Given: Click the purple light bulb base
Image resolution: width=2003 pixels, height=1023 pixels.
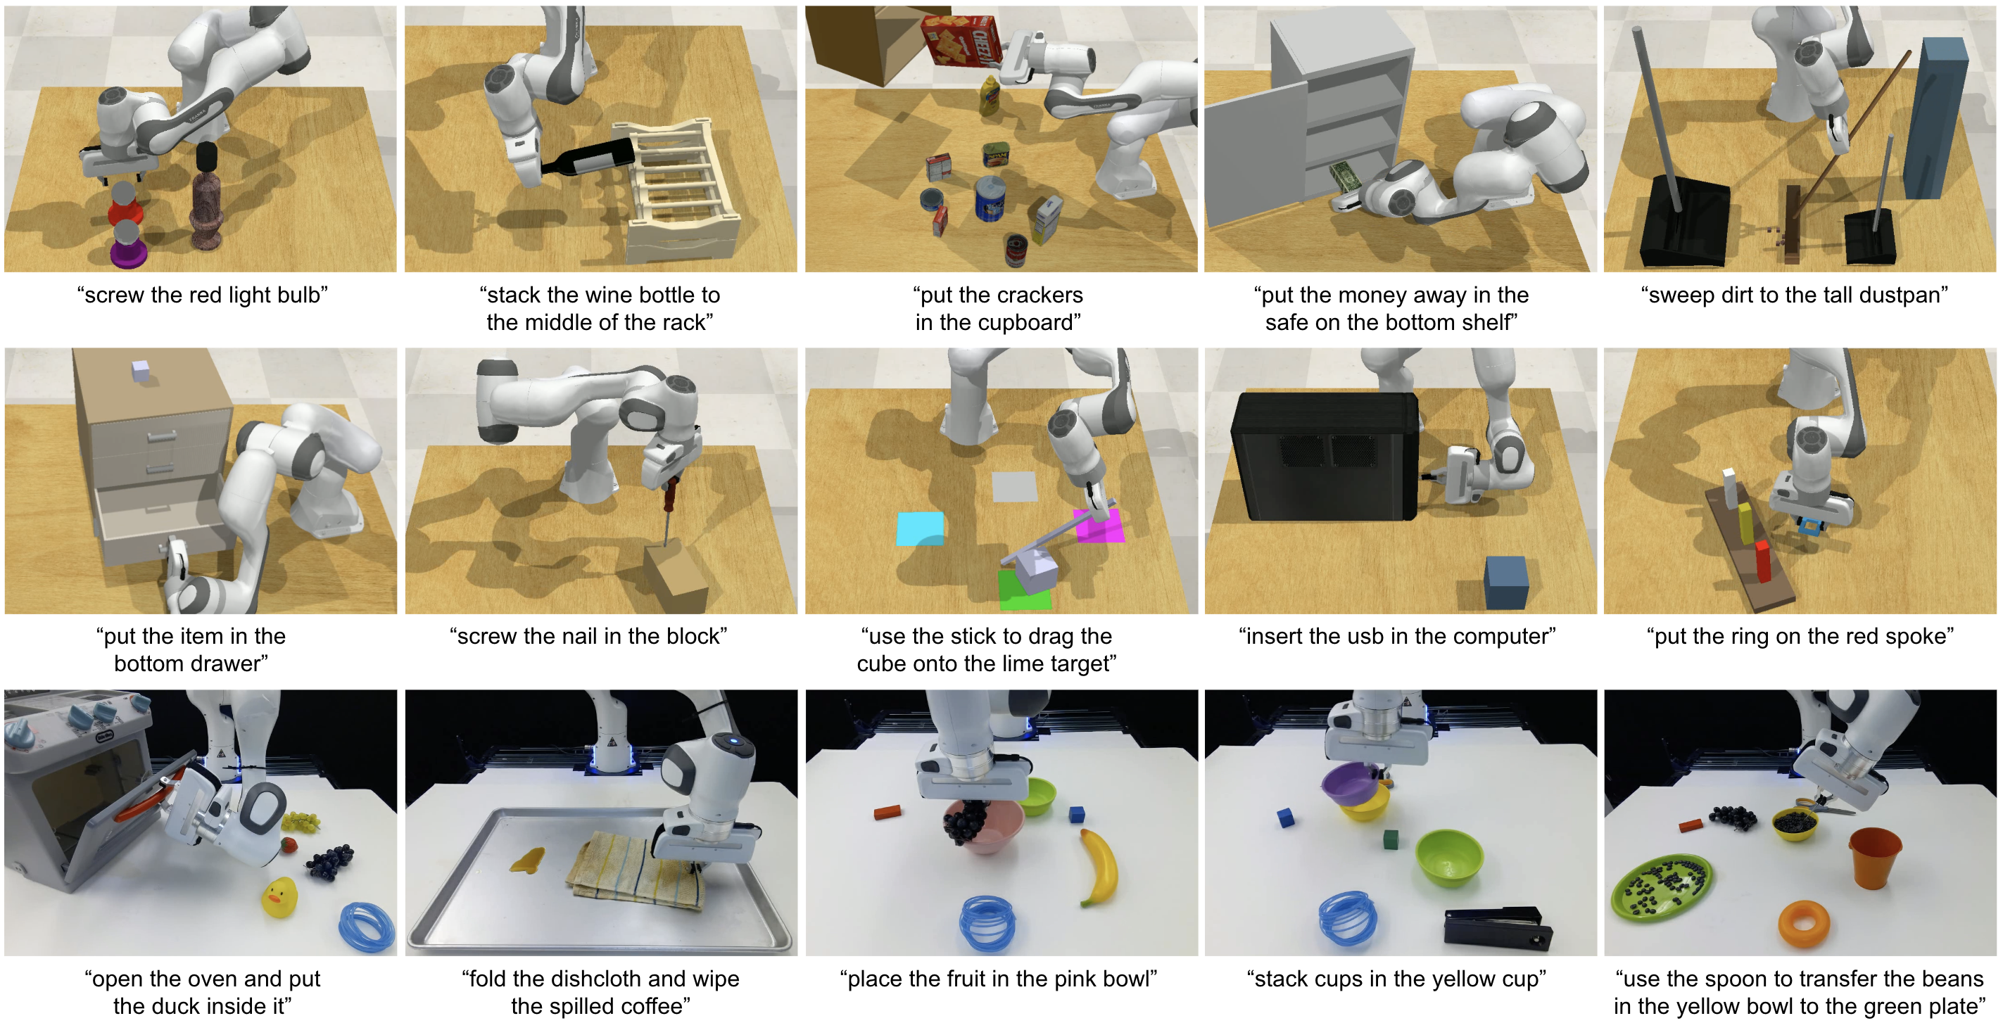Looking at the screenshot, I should tap(127, 253).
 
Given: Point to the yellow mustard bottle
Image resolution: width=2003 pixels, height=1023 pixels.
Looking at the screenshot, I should tap(990, 96).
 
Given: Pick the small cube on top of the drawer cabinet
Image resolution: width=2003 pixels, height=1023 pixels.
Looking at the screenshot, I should tap(140, 371).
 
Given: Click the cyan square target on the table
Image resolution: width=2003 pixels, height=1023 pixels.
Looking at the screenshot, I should tap(920, 528).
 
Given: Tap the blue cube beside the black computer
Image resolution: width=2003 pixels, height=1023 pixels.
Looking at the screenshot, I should tap(1506, 581).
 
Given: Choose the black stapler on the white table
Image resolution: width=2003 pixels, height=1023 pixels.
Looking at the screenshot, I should tap(1497, 927).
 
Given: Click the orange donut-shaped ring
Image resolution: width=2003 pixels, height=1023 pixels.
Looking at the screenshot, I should tap(1803, 924).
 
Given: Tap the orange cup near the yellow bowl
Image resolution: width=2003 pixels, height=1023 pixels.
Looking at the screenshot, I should tap(1875, 857).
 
